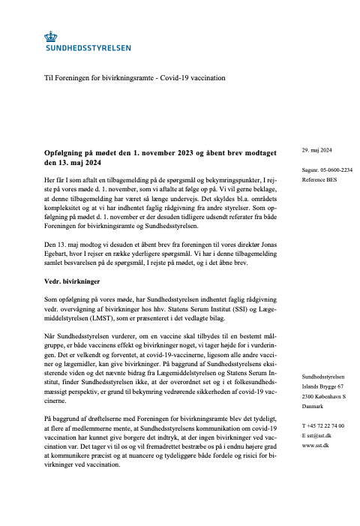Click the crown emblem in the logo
click(x=51, y=35)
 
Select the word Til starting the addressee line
click(x=49, y=78)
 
